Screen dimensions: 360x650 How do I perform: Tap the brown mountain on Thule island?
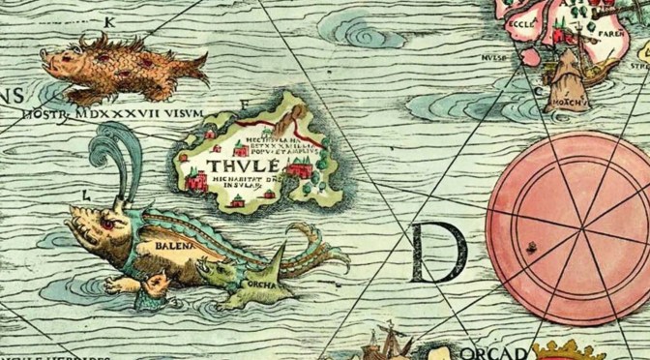pos(288,118)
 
